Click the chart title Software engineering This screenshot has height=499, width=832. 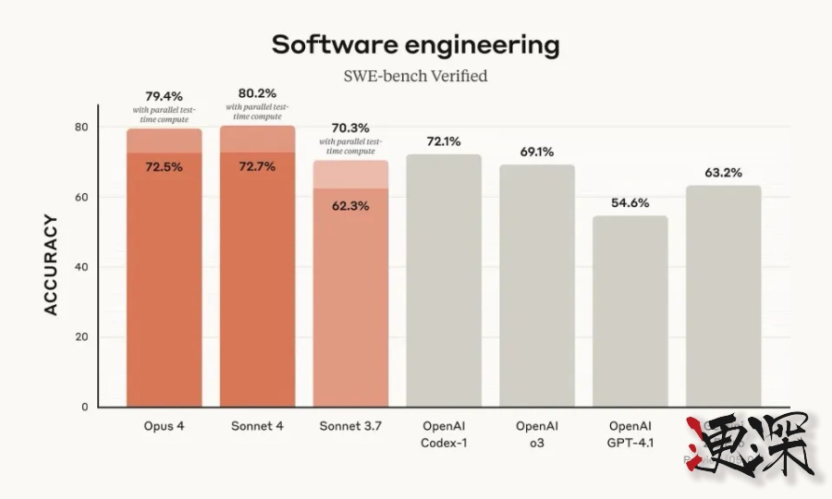click(415, 44)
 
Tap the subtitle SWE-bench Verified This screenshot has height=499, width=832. click(415, 76)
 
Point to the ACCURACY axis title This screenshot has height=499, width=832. click(52, 265)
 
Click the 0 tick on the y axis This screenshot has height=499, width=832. click(84, 407)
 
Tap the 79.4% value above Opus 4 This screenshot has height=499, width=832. click(164, 96)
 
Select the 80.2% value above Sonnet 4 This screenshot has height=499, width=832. click(257, 93)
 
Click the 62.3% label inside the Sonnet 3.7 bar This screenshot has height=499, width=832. click(350, 206)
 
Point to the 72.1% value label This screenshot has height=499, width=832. click(444, 141)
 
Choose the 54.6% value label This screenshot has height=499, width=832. click(630, 202)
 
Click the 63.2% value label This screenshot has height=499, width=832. click(724, 172)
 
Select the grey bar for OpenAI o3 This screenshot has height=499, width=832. click(537, 286)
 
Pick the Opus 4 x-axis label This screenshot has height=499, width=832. click(164, 427)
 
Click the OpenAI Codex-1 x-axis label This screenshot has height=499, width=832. click(444, 434)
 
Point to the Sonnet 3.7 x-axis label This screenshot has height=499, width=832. click(350, 427)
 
